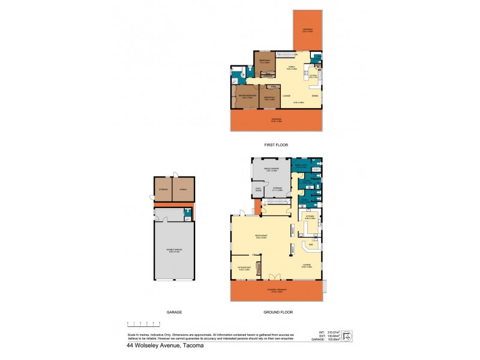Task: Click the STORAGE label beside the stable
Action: pos(163,190)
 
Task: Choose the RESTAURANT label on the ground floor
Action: pos(260,236)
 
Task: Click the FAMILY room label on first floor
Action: pos(293,68)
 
